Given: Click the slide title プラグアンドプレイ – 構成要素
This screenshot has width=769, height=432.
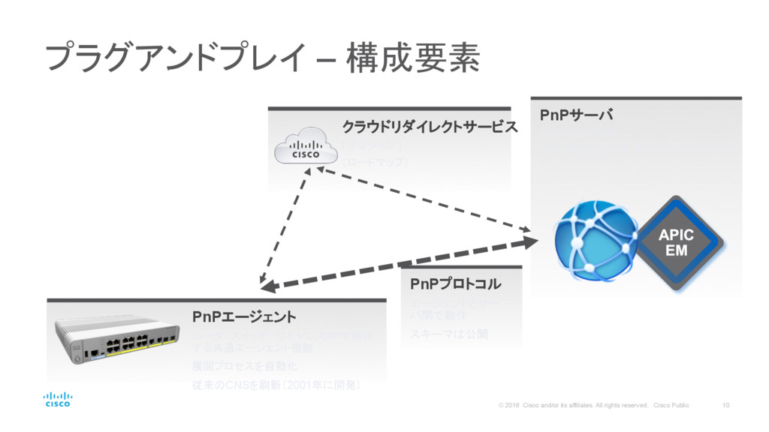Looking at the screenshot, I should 262,58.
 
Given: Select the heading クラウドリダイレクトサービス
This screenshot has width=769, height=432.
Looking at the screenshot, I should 430,127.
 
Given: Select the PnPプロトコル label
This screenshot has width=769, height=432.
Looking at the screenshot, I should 455,285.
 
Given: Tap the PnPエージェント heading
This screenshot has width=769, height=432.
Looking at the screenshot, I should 244,316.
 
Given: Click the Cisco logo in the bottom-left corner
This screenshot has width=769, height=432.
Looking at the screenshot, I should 58,399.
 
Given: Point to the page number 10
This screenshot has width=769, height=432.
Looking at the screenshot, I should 725,405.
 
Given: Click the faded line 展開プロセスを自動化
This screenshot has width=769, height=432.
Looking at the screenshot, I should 245,366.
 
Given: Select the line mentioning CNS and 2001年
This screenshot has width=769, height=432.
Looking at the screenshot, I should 278,385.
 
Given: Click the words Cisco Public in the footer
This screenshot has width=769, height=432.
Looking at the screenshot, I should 671,406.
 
